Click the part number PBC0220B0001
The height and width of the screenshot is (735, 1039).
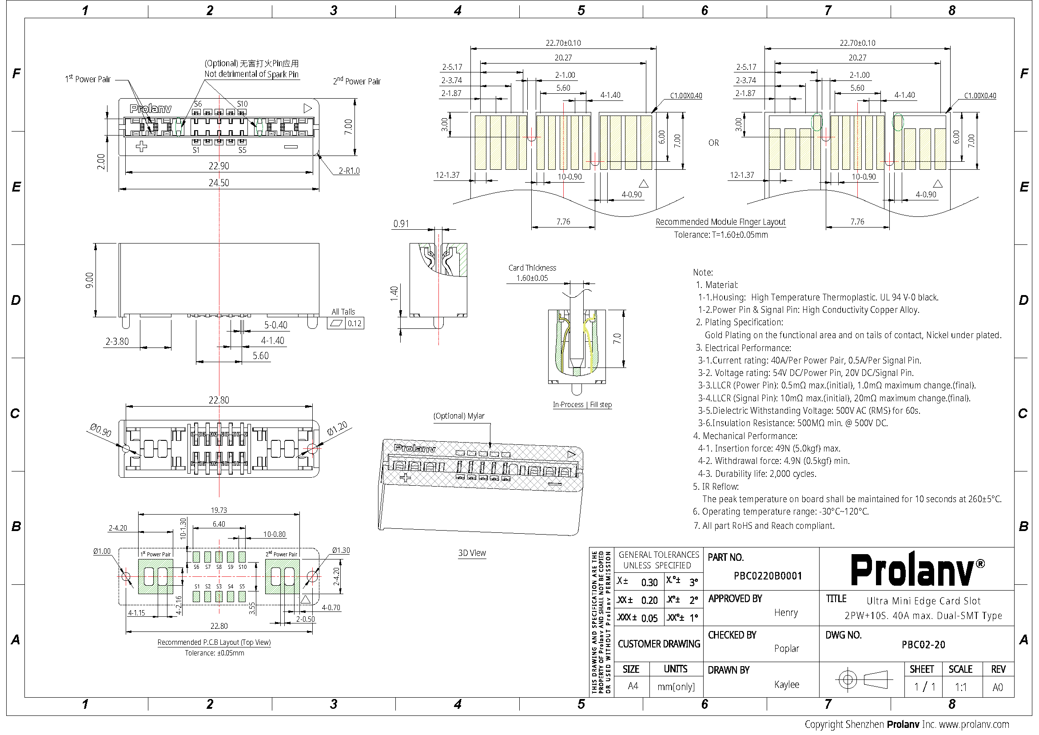click(x=768, y=575)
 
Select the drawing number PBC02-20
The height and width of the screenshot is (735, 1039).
click(x=923, y=644)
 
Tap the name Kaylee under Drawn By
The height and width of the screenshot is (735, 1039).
click(x=787, y=685)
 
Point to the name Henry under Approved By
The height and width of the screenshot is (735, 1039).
click(x=786, y=612)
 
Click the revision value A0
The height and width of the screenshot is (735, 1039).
click(x=997, y=687)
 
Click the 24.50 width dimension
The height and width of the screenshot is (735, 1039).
click(x=219, y=183)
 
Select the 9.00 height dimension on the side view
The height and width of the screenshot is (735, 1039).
click(x=90, y=280)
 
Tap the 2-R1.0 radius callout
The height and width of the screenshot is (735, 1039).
click(x=349, y=171)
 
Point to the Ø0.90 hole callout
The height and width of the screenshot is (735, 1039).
click(x=100, y=430)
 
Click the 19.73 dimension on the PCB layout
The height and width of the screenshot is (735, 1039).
click(x=219, y=510)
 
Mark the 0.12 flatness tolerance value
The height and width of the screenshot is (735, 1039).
click(x=354, y=323)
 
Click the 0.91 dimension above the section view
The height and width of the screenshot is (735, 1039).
click(x=401, y=224)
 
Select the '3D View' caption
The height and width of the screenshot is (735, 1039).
click(x=472, y=553)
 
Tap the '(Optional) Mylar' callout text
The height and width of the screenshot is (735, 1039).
click(x=459, y=416)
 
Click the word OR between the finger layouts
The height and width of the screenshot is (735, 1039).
click(x=714, y=143)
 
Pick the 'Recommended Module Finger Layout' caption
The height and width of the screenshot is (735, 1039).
click(x=721, y=222)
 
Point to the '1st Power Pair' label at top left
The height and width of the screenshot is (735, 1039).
click(x=88, y=79)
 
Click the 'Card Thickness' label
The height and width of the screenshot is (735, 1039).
click(x=532, y=268)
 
